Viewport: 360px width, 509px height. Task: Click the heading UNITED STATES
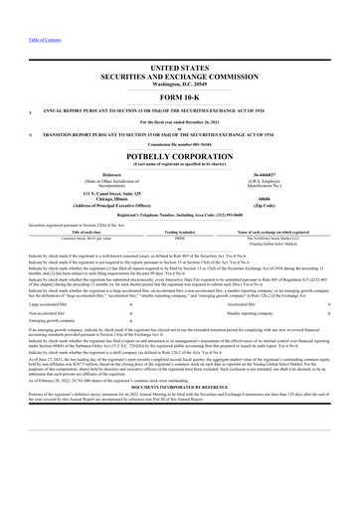179,63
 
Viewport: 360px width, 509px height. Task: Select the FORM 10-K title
179,87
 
